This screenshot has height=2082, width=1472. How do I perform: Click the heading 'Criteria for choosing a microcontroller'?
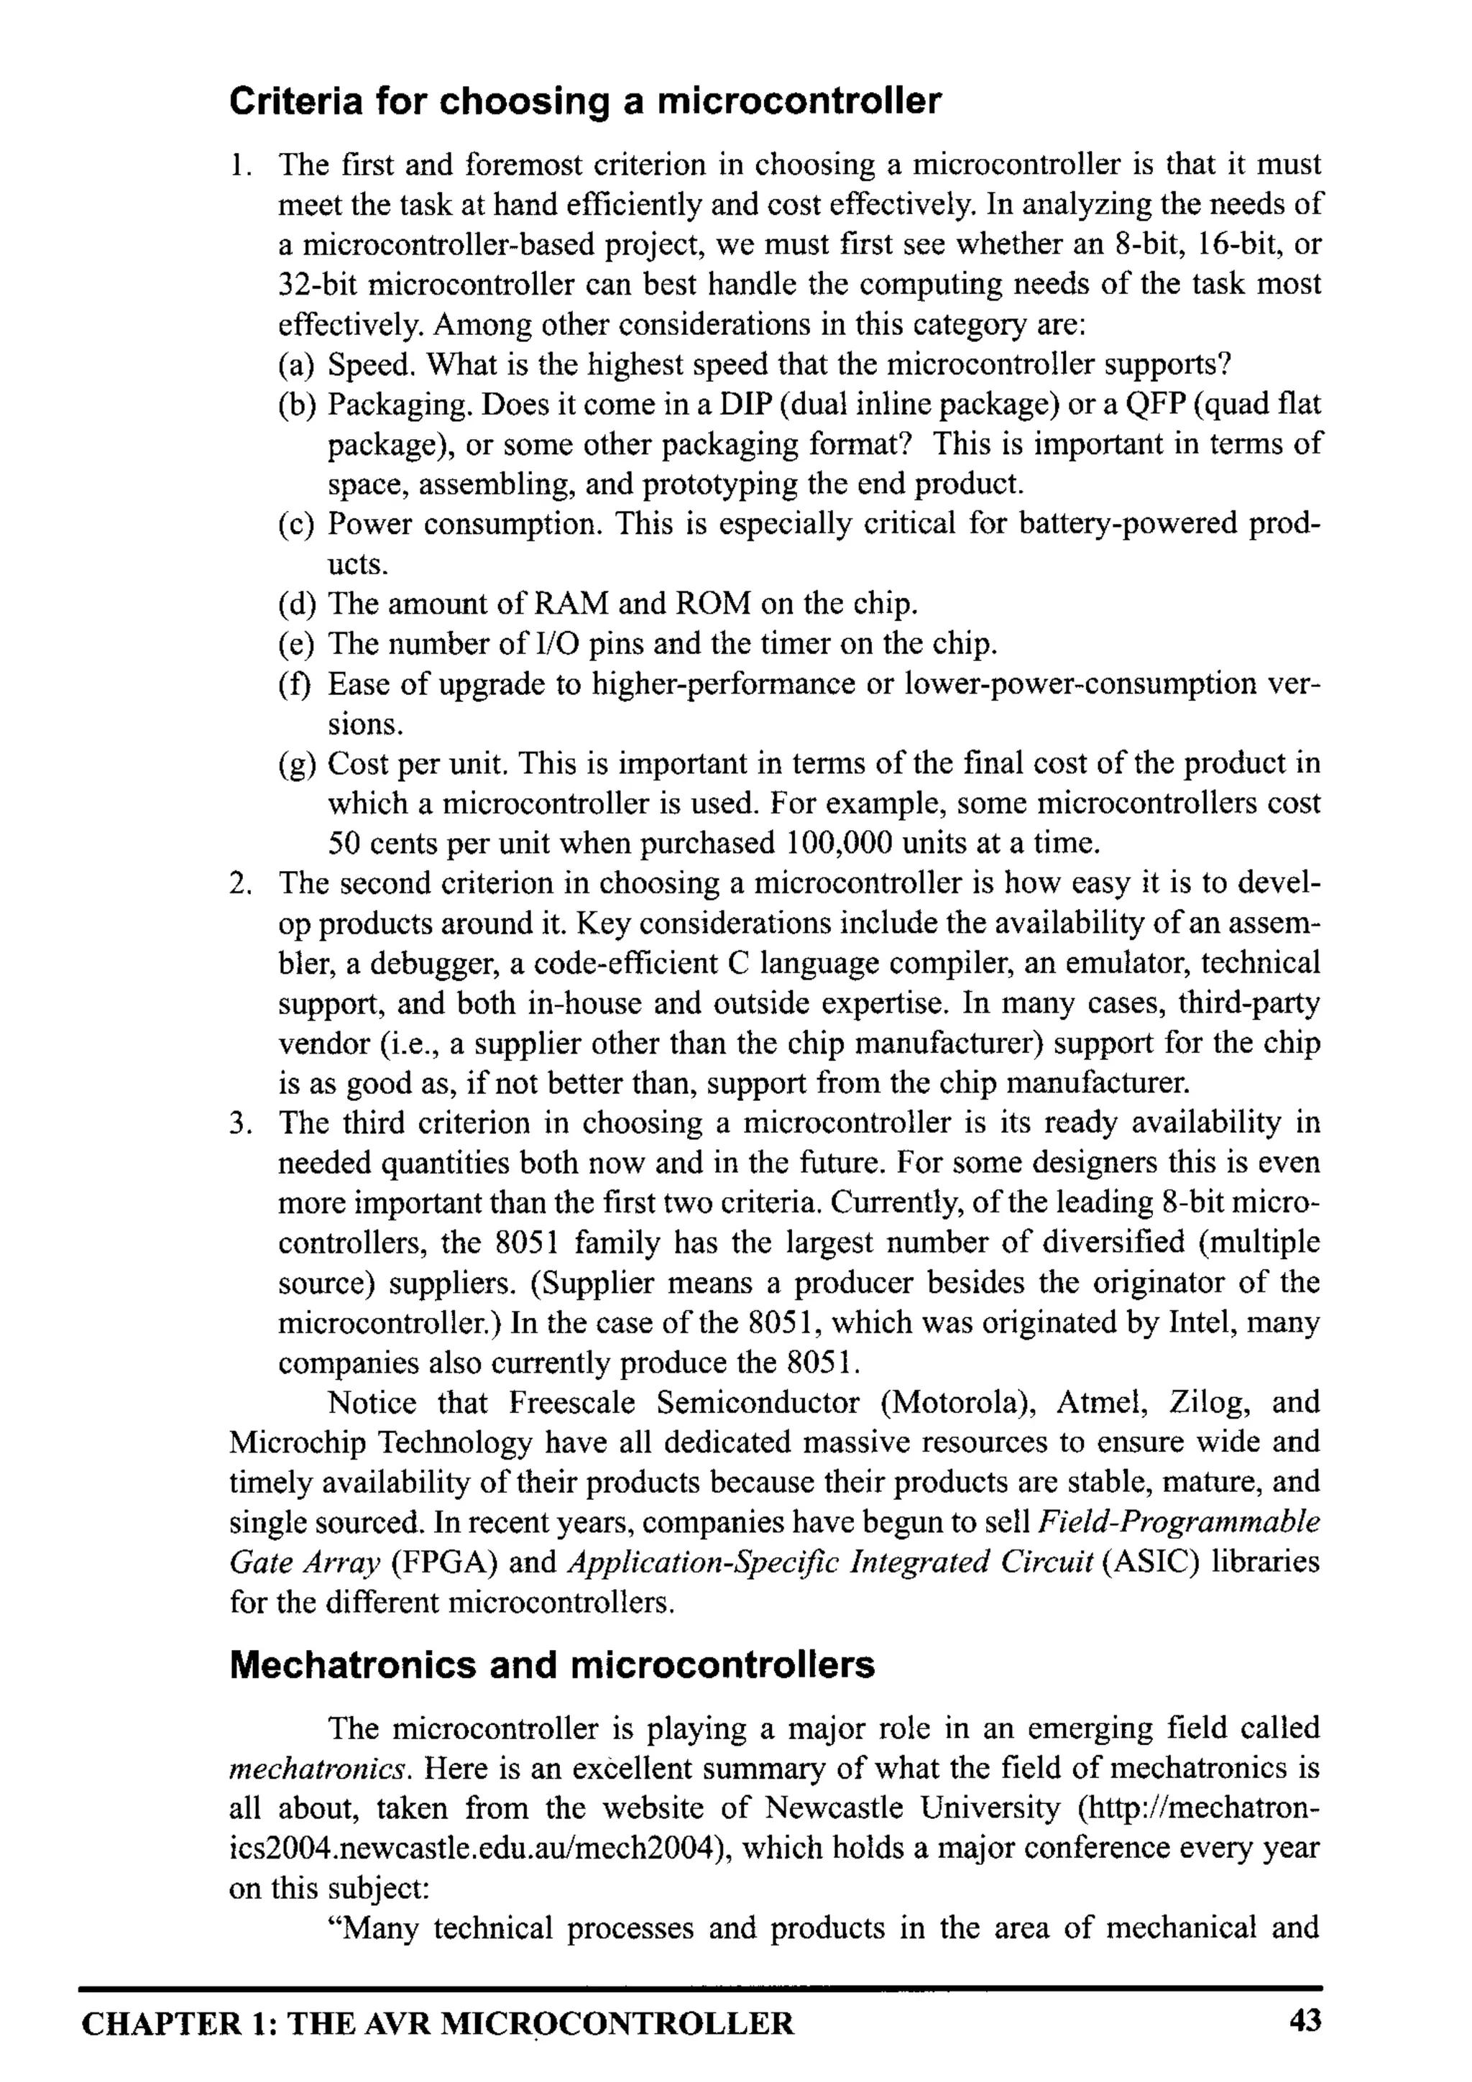point(585,101)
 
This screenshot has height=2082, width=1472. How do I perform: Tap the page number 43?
point(1305,2020)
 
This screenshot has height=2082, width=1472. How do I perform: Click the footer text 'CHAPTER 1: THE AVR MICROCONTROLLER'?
point(437,2024)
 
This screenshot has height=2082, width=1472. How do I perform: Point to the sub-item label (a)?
point(297,364)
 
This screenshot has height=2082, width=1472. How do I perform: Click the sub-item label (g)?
point(297,763)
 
